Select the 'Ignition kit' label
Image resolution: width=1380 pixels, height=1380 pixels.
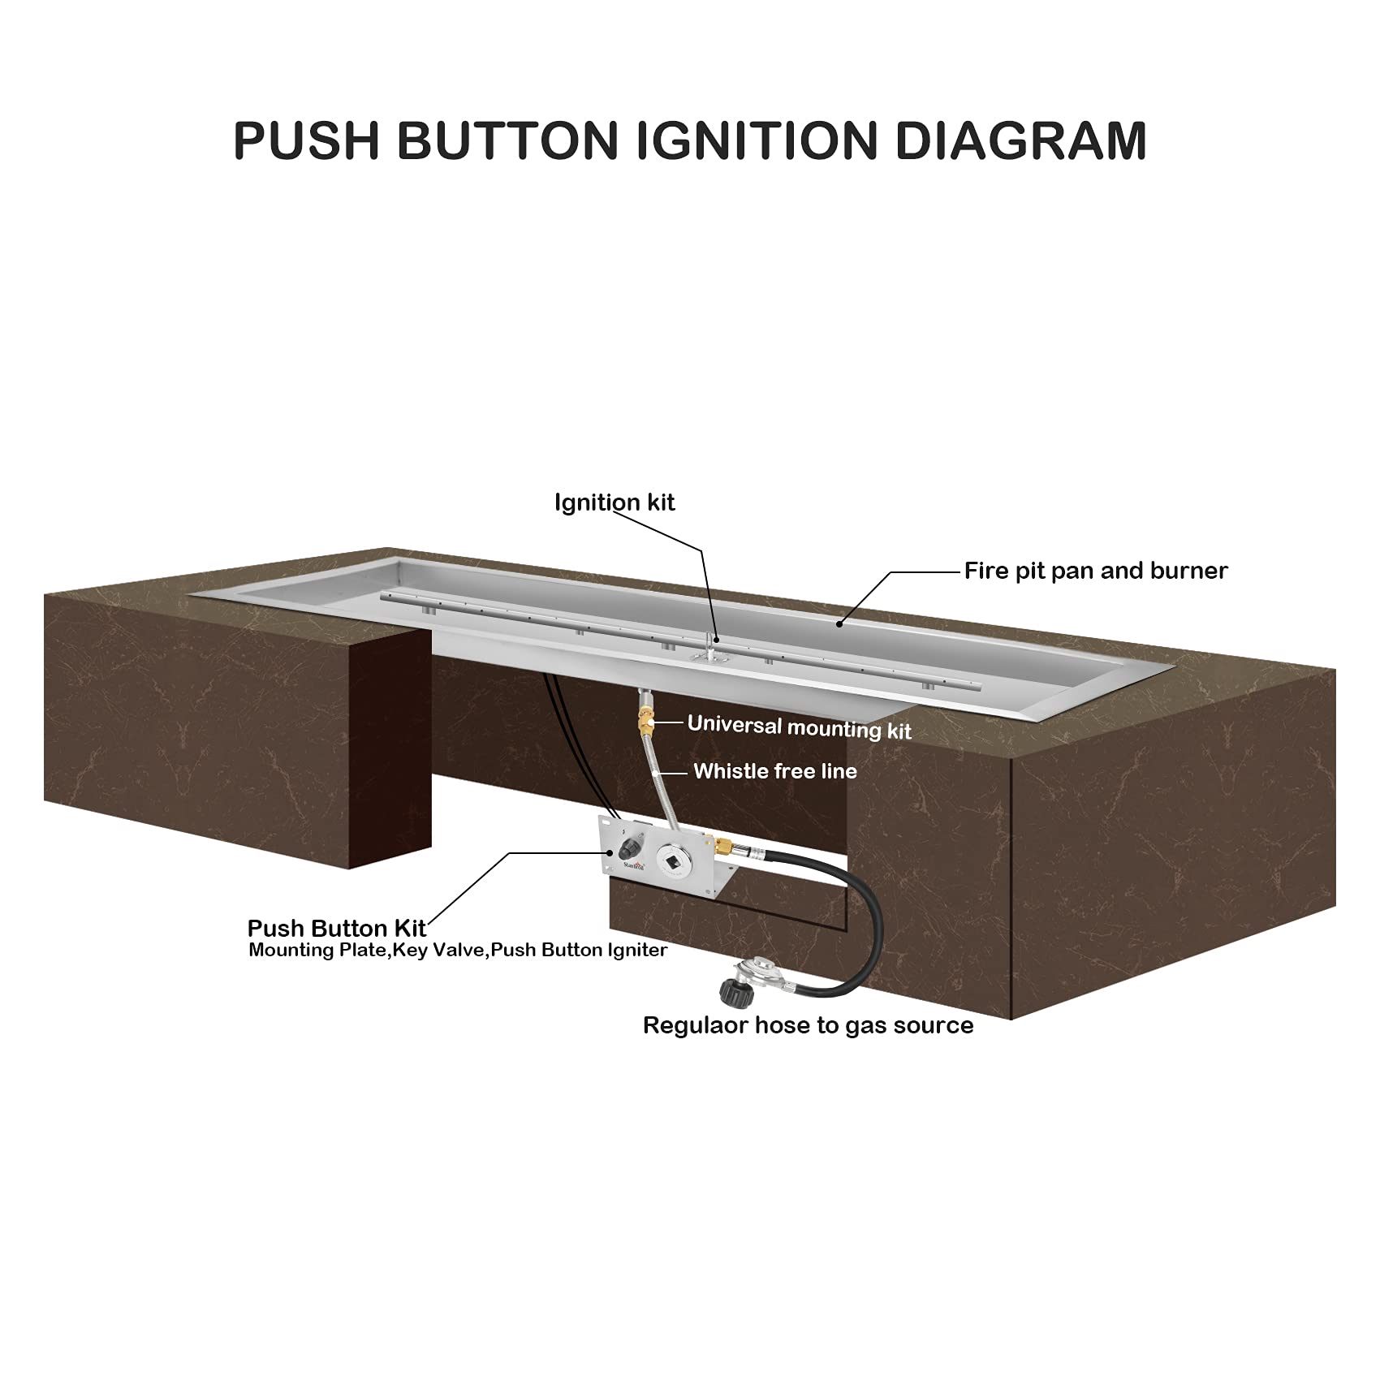(615, 502)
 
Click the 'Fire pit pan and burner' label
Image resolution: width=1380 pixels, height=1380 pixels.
(1096, 571)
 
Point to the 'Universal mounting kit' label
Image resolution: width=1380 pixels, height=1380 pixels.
(800, 727)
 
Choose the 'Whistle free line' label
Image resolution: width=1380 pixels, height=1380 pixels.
(775, 770)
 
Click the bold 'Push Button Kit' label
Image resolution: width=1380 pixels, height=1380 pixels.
(337, 929)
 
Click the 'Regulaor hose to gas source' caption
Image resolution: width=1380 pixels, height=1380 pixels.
(808, 1025)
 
